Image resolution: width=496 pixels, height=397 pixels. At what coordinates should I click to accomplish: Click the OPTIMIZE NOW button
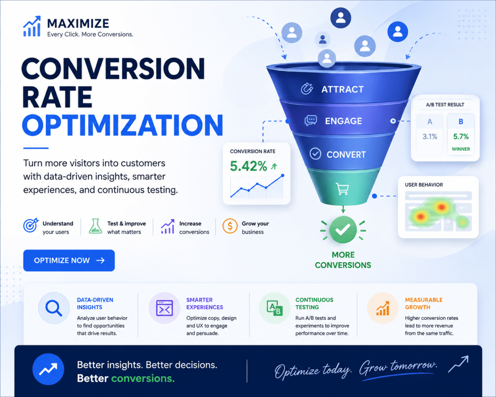click(x=69, y=260)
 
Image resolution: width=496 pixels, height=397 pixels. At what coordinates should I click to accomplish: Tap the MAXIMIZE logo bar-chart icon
click(x=32, y=26)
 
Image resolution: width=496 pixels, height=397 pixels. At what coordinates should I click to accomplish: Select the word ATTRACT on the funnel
click(x=342, y=90)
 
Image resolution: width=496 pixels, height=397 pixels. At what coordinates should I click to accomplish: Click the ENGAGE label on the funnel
click(x=343, y=121)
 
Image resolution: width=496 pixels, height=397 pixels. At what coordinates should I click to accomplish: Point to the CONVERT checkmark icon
click(x=315, y=154)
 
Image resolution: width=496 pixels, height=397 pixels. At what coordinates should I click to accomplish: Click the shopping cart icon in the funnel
click(x=342, y=189)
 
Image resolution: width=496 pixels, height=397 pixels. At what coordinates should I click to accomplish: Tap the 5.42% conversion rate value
click(x=248, y=166)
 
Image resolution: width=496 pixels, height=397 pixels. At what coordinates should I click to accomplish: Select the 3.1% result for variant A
click(x=430, y=136)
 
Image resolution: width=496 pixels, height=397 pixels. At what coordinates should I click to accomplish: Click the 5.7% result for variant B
click(x=461, y=136)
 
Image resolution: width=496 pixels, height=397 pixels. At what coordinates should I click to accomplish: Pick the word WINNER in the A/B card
click(x=461, y=149)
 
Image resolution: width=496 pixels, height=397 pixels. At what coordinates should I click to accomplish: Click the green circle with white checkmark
click(x=343, y=230)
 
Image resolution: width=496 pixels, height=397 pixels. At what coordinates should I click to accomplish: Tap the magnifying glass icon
click(x=53, y=308)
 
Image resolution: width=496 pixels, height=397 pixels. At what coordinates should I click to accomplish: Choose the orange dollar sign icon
click(x=230, y=226)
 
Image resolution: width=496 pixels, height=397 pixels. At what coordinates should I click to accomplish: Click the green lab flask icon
click(x=95, y=226)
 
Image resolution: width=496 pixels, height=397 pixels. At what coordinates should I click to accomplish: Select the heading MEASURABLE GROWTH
click(x=423, y=303)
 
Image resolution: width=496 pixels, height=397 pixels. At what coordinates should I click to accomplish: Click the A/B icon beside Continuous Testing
click(x=274, y=308)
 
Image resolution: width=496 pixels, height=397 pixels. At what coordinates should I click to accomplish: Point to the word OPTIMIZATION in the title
click(x=123, y=125)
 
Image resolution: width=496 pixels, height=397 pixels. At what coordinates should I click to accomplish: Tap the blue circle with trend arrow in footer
click(x=48, y=369)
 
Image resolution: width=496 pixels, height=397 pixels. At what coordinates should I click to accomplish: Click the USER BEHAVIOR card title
click(x=424, y=185)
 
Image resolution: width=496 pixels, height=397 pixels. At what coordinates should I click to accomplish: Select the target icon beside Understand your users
click(x=31, y=225)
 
